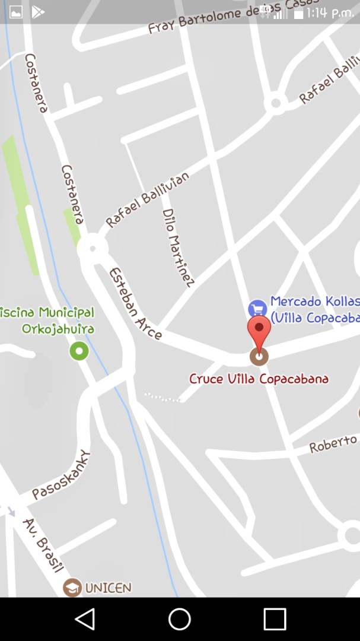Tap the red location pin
(259, 330)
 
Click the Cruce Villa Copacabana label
(259, 379)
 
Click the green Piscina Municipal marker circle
(79, 351)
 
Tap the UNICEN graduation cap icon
(72, 588)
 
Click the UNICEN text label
(108, 588)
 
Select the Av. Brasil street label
(43, 545)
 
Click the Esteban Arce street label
(135, 303)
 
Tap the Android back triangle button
(85, 619)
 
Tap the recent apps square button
(275, 619)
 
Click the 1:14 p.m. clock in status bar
(330, 12)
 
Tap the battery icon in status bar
(298, 13)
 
